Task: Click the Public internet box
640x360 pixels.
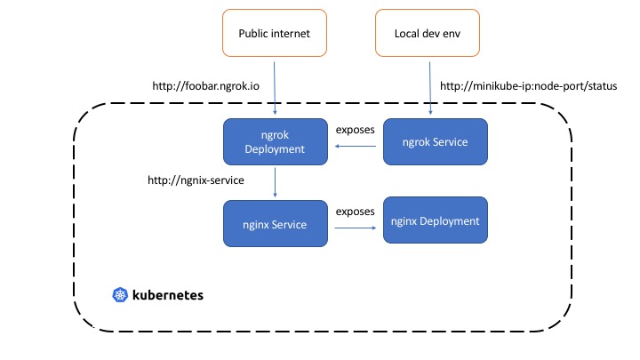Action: coord(275,33)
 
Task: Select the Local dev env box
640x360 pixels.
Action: coord(428,33)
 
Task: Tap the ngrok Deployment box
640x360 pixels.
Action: coord(275,141)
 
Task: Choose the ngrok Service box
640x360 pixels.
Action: coord(435,141)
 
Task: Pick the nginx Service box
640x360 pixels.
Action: coord(275,224)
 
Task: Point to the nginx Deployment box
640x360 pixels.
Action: coord(435,220)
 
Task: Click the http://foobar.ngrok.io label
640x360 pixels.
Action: coord(205,86)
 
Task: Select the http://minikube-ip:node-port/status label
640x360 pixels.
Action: coord(529,86)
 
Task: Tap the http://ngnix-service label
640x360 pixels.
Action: coord(196,180)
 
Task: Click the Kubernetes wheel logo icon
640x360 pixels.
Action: coord(120,295)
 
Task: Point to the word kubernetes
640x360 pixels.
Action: coord(168,295)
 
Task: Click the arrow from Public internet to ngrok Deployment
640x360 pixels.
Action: coord(275,88)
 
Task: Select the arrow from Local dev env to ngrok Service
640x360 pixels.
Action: coord(430,88)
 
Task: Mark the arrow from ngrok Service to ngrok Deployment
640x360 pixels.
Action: coord(355,146)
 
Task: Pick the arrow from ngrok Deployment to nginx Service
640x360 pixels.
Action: coord(275,182)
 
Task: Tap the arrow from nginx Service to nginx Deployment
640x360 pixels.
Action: coord(356,228)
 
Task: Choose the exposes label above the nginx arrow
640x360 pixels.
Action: coord(355,212)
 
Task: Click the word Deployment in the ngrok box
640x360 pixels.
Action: coord(275,149)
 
